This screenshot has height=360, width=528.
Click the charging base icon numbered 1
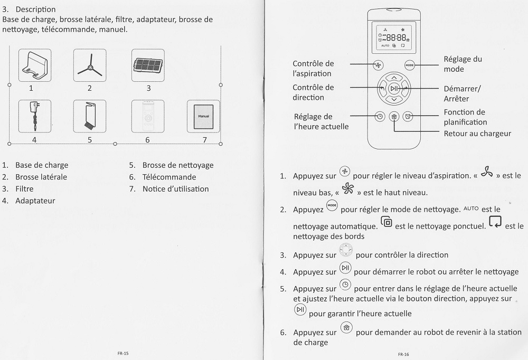(x=35, y=65)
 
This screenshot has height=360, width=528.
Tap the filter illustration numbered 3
(x=148, y=65)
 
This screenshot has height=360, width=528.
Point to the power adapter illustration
(x=35, y=116)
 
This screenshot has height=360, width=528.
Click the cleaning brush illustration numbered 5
(x=90, y=116)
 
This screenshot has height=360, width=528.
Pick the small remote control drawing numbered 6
(x=148, y=116)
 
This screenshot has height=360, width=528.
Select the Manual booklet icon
(x=203, y=116)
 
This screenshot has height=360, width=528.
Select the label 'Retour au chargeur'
(x=477, y=134)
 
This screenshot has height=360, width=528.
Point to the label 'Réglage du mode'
(x=463, y=64)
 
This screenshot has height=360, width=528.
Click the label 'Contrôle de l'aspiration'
(x=313, y=69)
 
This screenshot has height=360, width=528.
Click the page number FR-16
(x=403, y=354)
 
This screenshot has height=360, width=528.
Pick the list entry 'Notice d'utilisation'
(x=175, y=188)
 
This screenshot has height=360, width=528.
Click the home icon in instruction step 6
(x=346, y=328)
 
